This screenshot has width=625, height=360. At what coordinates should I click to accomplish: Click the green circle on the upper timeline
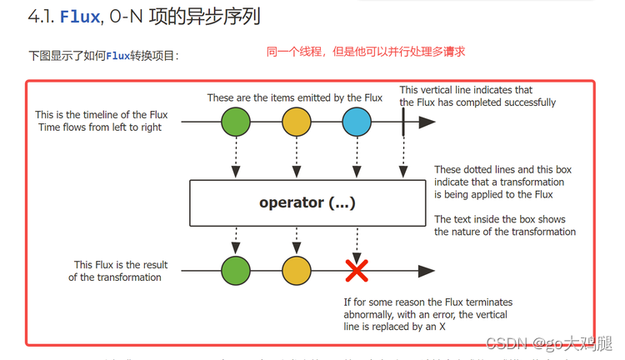coord(236,122)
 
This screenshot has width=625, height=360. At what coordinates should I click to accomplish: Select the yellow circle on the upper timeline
coord(296,122)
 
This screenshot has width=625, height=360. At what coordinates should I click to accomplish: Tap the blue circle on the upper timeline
coord(357,122)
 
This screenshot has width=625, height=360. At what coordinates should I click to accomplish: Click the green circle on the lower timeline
coord(236,270)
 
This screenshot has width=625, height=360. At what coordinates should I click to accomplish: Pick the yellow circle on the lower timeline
coord(296,270)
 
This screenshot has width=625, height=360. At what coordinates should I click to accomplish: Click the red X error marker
coord(357,270)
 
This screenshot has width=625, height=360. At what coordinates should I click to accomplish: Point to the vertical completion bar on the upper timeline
coord(403,122)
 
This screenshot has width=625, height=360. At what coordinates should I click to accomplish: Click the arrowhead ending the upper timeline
coord(427,122)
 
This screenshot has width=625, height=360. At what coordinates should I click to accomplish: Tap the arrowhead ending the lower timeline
coord(427,270)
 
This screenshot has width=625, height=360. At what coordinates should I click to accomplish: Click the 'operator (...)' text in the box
coord(306,202)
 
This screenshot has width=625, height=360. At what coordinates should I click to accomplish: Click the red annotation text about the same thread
coord(365,52)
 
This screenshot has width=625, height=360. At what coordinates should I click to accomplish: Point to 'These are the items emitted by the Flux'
coord(295,97)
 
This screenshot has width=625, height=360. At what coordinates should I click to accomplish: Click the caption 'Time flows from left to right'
coord(100,127)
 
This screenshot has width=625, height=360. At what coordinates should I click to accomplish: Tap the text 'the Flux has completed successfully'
coord(477,102)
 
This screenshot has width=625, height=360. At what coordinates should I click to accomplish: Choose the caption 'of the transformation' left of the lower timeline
coord(115,277)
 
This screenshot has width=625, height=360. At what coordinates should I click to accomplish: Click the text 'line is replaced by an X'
coord(395,327)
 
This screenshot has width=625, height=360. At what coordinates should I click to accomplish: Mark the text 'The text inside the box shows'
coord(500,219)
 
